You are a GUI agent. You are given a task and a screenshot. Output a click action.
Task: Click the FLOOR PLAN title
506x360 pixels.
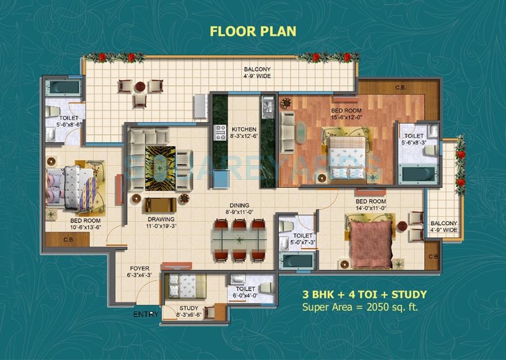click(253, 31)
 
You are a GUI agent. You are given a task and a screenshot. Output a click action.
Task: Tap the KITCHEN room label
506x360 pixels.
click(244, 133)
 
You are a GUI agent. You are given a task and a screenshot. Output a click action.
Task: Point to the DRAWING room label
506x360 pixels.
click(160, 222)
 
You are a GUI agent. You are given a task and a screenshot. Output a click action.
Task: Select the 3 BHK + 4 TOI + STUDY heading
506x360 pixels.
click(365, 295)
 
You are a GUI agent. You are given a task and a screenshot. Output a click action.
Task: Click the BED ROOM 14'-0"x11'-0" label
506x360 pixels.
click(371, 205)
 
